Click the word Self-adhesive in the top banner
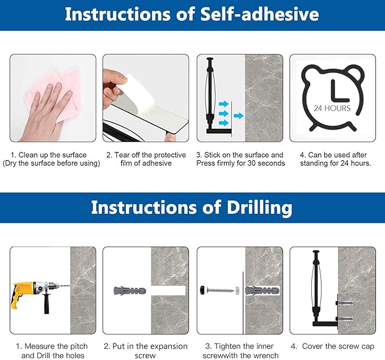260,14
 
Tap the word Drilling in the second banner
259,207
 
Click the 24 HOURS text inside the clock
332,108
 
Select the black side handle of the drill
46,303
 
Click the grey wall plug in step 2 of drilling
130,291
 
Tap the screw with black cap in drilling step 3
217,290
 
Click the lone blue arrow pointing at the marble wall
238,116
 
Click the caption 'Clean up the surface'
52,155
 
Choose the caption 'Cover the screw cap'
338,346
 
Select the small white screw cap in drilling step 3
238,290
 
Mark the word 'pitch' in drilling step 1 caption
79,346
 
